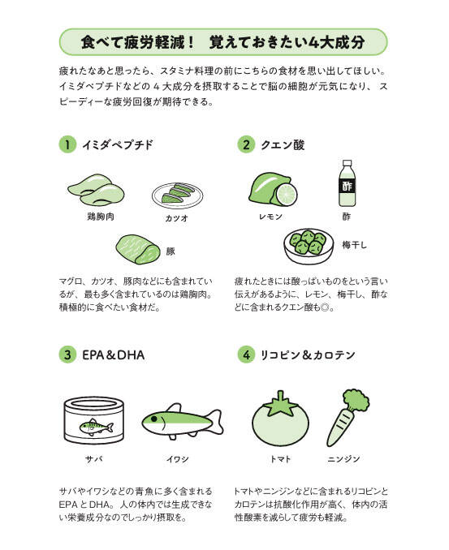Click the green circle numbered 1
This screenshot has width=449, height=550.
pos(67,144)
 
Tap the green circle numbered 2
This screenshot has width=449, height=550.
pos(246,144)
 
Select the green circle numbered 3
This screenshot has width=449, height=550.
pos(67,354)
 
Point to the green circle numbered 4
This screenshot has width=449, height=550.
pos(246,354)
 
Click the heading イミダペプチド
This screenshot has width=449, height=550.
pos(118,145)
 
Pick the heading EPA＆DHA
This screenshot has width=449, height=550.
pos(114,355)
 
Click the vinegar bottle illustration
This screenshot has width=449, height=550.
pos(347,183)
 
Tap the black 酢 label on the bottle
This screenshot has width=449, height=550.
pos(347,186)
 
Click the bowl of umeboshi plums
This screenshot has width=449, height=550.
pos(309,246)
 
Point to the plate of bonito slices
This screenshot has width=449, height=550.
pos(177,196)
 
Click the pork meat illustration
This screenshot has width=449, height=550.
pos(138,249)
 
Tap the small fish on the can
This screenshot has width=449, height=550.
pos(96,427)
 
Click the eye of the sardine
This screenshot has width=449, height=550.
pos(153,419)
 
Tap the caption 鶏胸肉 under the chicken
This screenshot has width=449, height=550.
pos(101,217)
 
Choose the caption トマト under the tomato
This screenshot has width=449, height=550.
pos(280,459)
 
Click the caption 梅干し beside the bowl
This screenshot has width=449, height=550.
pos(354,245)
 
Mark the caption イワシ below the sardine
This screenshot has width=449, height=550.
pos(178,459)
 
